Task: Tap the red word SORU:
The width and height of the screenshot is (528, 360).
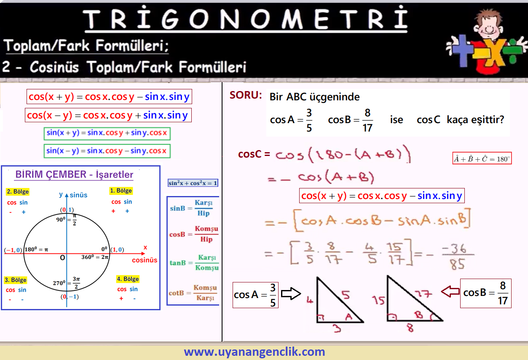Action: click(x=246, y=95)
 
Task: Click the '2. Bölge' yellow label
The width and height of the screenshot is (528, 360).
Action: click(x=18, y=191)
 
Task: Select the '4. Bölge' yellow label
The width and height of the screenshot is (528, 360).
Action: click(x=128, y=279)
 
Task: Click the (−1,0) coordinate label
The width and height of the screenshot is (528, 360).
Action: click(x=13, y=250)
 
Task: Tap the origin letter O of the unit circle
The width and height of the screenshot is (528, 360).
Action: click(x=62, y=258)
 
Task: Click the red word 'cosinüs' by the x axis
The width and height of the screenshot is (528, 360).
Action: click(x=145, y=260)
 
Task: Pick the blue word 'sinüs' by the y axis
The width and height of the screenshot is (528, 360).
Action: click(x=78, y=195)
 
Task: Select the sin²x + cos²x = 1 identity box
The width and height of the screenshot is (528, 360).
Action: click(x=193, y=183)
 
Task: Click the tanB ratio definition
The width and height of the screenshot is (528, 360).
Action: click(x=194, y=262)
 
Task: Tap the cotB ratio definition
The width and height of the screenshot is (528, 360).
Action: click(x=193, y=293)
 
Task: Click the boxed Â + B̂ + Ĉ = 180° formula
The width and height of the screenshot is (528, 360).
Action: click(x=482, y=158)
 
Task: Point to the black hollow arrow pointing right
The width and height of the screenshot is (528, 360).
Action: click(x=291, y=293)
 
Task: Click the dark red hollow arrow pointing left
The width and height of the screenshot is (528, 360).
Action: click(x=450, y=292)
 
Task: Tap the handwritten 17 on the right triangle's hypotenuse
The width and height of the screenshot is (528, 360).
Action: click(x=423, y=294)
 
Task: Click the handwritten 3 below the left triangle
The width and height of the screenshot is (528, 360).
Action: click(x=337, y=328)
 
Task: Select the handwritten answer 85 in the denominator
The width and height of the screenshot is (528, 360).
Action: click(x=457, y=264)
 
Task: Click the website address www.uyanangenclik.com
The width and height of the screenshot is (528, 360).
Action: click(x=255, y=352)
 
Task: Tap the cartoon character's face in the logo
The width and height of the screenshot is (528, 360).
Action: click(x=489, y=27)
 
